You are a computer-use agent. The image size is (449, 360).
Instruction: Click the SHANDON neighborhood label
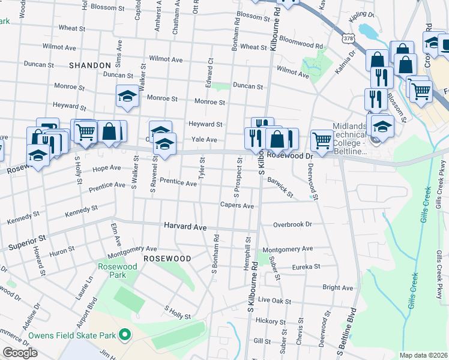click(90, 65)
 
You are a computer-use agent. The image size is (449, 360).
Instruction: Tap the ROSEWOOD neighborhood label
click(167, 258)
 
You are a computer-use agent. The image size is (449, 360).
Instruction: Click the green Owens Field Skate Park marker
click(125, 334)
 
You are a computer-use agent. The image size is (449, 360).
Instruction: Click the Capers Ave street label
click(237, 206)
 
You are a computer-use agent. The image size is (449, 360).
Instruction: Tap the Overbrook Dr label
click(293, 224)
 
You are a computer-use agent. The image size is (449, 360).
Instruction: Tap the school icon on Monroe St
click(127, 96)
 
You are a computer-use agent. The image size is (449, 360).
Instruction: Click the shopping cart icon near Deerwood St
click(322, 140)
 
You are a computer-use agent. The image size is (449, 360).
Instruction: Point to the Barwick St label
click(280, 187)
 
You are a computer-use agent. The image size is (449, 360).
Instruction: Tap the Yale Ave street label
click(204, 139)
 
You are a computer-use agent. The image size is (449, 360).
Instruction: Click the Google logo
click(20, 353)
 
